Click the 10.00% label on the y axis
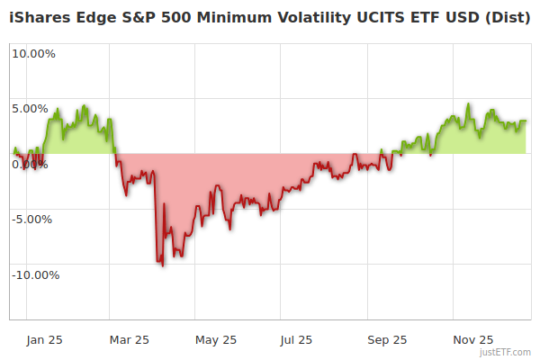click(33, 53)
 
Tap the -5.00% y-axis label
click(34, 219)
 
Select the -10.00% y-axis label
click(35, 274)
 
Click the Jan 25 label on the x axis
click(44, 339)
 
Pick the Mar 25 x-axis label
click(129, 339)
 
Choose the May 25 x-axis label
click(216, 339)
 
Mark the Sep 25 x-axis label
click(388, 339)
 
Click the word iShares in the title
click(38, 16)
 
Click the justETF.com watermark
click(507, 352)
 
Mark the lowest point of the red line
click(162, 265)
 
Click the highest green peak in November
click(469, 104)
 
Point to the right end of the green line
click(526, 121)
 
